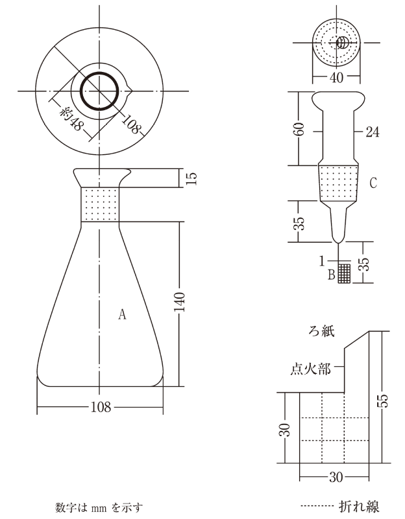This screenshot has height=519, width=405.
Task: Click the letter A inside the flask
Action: coord(122,314)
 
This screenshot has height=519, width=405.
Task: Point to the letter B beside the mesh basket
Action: coord(331,274)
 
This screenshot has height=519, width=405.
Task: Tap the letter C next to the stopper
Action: coord(373,183)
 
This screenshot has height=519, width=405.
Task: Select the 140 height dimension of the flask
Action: coord(179,301)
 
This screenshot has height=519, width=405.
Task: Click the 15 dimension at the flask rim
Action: coord(191,178)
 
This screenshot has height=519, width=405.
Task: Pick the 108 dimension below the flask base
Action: coord(101,407)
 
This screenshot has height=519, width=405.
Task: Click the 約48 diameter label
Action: coord(70,119)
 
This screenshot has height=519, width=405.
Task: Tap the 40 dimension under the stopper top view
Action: coord(336,78)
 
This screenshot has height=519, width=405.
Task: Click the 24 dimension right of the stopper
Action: coord(373,132)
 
